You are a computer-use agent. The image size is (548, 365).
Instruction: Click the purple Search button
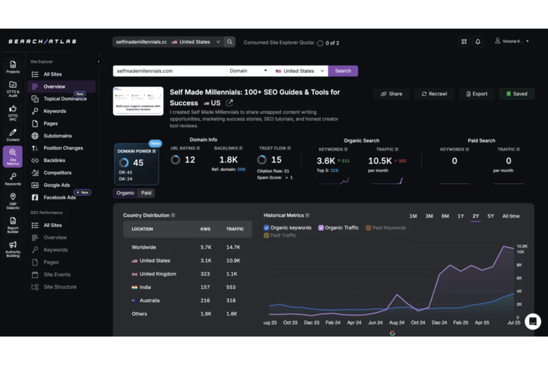pyautogui.click(x=342, y=71)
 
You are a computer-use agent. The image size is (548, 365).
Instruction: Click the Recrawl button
pyautogui.click(x=434, y=94)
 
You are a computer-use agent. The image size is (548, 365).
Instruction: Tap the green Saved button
pyautogui.click(x=517, y=94)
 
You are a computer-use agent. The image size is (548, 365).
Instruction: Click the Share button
pyautogui.click(x=391, y=94)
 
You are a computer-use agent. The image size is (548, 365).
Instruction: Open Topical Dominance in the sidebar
pyautogui.click(x=65, y=99)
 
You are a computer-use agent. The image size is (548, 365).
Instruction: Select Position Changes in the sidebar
pyautogui.click(x=63, y=148)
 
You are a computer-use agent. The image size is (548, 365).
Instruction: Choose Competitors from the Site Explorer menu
pyautogui.click(x=57, y=173)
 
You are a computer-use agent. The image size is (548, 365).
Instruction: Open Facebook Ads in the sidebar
pyautogui.click(x=60, y=197)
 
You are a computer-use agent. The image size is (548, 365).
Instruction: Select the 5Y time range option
pyautogui.click(x=491, y=216)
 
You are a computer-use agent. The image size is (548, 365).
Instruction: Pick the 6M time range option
pyautogui.click(x=445, y=216)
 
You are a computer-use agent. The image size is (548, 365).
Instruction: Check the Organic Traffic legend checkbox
pyautogui.click(x=321, y=228)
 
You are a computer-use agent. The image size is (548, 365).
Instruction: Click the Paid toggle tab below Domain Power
pyautogui.click(x=146, y=193)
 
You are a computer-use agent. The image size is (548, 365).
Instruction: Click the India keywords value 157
pyautogui.click(x=205, y=287)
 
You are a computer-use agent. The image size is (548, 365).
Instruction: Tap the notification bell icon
pyautogui.click(x=478, y=42)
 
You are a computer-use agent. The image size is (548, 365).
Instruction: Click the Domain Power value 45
pyautogui.click(x=138, y=163)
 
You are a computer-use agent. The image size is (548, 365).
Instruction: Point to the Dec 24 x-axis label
pyautogui.click(x=439, y=322)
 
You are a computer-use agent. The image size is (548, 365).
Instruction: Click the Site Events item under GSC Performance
pyautogui.click(x=57, y=274)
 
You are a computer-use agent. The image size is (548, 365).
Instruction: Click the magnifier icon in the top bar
pyautogui.click(x=230, y=42)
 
